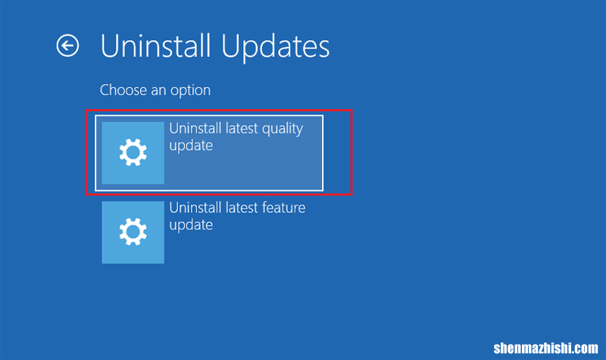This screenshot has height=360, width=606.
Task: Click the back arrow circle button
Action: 67,45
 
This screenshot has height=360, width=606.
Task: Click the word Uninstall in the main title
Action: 156,46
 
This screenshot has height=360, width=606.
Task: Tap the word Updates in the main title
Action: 276,47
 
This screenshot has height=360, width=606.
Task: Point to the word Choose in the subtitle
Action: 123,90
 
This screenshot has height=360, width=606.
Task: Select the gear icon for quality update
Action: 133,153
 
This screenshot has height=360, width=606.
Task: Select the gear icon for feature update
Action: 133,232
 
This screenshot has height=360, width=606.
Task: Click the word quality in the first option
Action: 283,129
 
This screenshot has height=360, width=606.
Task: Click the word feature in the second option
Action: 283,208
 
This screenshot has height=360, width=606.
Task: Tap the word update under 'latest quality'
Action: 191,146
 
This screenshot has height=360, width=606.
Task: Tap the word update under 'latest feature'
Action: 191,225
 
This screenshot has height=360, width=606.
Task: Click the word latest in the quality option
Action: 242,128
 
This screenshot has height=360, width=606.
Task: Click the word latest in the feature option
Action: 242,208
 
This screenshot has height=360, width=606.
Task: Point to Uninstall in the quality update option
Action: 195,128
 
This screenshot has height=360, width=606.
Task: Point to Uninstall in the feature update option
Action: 195,208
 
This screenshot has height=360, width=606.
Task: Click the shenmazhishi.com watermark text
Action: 545,348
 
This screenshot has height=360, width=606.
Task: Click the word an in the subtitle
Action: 158,91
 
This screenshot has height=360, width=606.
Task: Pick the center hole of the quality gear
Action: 133,153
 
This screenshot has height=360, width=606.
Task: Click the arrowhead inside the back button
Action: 64,45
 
